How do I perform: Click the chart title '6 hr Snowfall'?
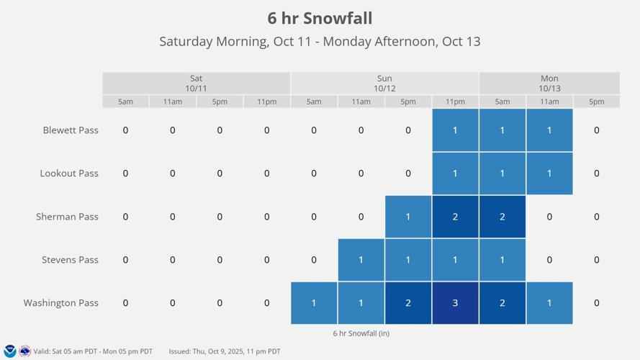pyautogui.click(x=320, y=18)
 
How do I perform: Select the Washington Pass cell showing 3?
pyautogui.click(x=455, y=303)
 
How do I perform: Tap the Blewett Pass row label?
pyautogui.click(x=71, y=130)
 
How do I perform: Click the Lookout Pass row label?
pyautogui.click(x=69, y=174)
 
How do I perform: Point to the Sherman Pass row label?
pyautogui.click(x=67, y=217)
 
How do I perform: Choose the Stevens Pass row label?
pyautogui.click(x=70, y=260)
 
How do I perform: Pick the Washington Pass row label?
pyautogui.click(x=60, y=303)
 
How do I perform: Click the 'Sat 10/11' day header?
pyautogui.click(x=196, y=83)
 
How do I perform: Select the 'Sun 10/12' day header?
pyautogui.click(x=384, y=83)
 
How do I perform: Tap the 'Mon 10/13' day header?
pyautogui.click(x=549, y=83)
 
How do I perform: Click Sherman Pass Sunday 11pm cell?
pyautogui.click(x=455, y=217)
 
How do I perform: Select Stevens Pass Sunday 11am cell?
pyautogui.click(x=361, y=260)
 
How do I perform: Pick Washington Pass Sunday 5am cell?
pyautogui.click(x=314, y=303)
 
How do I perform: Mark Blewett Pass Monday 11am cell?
pyautogui.click(x=549, y=130)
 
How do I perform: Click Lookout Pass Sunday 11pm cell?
pyautogui.click(x=455, y=174)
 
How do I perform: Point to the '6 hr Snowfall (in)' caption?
pyautogui.click(x=361, y=333)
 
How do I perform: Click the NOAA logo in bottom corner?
pyautogui.click(x=10, y=351)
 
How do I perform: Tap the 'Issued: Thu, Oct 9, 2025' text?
pyautogui.click(x=225, y=351)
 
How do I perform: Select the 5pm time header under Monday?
pyautogui.click(x=596, y=102)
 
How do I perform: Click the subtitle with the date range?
pyautogui.click(x=320, y=41)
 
